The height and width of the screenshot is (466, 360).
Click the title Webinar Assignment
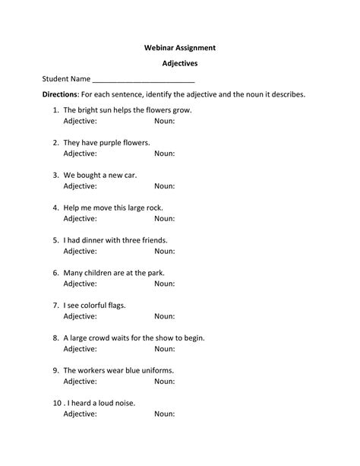180,47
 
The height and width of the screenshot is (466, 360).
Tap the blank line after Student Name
144,79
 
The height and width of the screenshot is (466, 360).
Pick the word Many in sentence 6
73,272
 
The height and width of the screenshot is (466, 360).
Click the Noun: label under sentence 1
165,121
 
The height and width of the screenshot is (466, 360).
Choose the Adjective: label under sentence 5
80,251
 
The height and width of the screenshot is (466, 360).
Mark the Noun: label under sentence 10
165,414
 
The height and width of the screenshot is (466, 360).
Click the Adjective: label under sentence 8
80,349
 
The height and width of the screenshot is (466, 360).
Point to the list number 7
56,305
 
